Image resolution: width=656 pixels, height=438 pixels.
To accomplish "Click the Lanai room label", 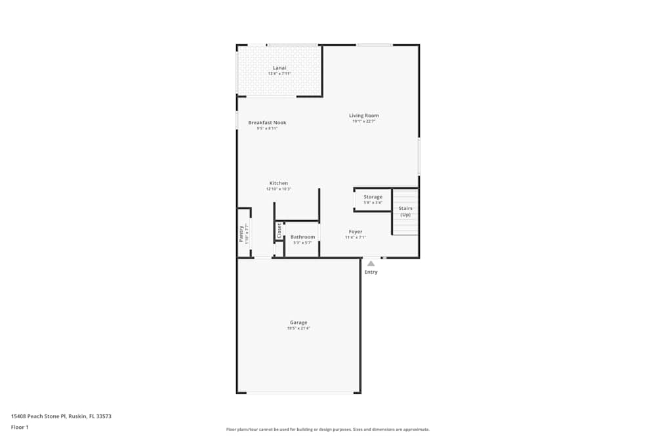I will pos(279,68).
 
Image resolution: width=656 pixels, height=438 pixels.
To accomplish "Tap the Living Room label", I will pos(364,116).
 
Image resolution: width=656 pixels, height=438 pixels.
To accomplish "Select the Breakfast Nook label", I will pos(267,123).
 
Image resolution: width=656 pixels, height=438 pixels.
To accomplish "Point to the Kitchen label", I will pos(279,183).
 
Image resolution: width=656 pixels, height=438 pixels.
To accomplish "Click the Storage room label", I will pos(373,197).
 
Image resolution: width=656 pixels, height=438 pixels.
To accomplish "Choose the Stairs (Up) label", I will pos(405,211).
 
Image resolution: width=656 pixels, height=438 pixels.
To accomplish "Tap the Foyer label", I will pos(356,232).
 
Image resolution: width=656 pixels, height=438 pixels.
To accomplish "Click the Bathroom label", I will pos(303,237).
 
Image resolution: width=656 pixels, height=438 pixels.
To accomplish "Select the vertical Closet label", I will pos(279,230).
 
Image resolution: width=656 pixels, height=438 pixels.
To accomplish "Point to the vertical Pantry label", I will pos(241,234).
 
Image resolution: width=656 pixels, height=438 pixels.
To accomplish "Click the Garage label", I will pos(298,322).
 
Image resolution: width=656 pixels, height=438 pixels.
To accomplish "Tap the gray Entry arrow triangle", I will pos(371,263).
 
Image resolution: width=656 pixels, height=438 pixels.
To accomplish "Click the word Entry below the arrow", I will pos(371,272).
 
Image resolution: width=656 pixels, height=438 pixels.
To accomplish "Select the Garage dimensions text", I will pos(298,328).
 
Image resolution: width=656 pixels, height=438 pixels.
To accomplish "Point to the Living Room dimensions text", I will pos(364,121).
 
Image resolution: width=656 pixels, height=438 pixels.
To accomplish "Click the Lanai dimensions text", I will pos(279,74).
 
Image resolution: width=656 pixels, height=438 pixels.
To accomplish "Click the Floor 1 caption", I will pos(20,427).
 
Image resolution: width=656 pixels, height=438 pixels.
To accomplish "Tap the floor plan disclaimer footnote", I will pos(328,429).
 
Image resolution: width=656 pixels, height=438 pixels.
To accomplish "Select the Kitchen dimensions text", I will pos(279,189).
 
